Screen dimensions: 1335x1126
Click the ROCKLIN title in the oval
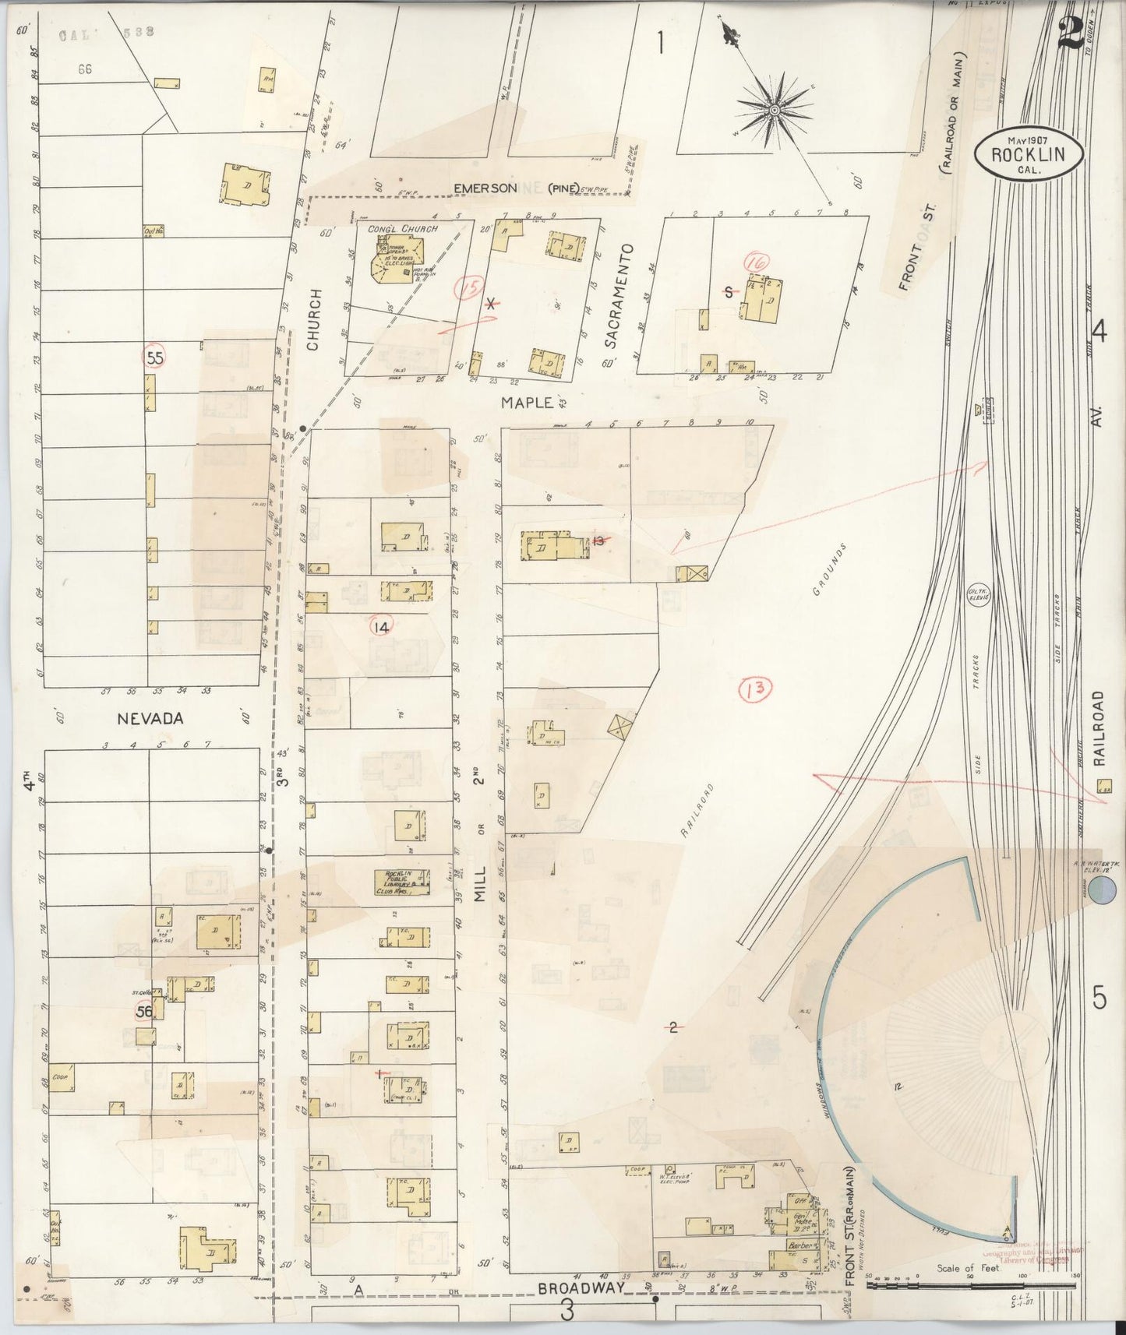click(x=1028, y=153)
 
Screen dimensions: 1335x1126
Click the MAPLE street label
click(x=526, y=402)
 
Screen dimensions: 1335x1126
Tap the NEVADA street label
click(x=150, y=719)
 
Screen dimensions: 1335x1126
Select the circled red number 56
click(x=145, y=1011)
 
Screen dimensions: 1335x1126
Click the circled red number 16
click(x=754, y=263)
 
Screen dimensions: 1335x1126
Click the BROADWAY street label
click(x=581, y=1288)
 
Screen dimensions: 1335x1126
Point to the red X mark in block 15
click(x=490, y=304)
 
